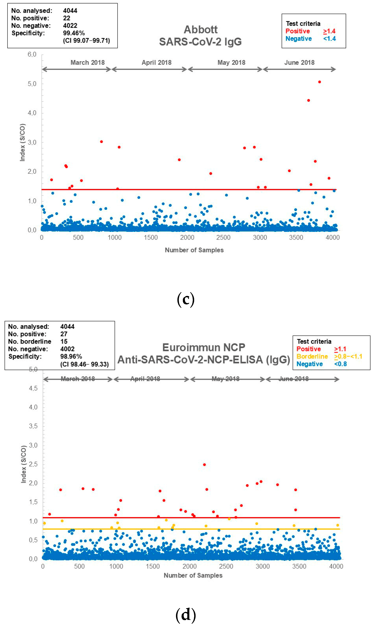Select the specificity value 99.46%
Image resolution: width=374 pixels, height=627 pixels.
pyautogui.click(x=74, y=33)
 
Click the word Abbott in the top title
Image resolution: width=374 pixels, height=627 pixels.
pyautogui.click(x=201, y=30)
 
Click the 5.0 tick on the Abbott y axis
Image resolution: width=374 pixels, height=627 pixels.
pyautogui.click(x=32, y=84)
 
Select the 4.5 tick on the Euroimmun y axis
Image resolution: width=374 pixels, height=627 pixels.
pyautogui.click(x=33, y=388)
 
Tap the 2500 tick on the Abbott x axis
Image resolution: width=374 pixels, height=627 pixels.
pyautogui.click(x=223, y=237)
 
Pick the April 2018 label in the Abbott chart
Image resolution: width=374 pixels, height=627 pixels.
pyautogui.click(x=157, y=62)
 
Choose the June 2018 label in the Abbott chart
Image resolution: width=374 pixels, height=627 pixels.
pyautogui.click(x=299, y=62)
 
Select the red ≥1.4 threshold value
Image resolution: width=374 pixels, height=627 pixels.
pyautogui.click(x=329, y=31)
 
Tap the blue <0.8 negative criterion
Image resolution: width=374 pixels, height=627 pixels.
pyautogui.click(x=340, y=364)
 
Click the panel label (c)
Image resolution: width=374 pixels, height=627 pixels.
pyautogui.click(x=186, y=299)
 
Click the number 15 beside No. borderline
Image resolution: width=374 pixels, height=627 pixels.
pyautogui.click(x=64, y=341)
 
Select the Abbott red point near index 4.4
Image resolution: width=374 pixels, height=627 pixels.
pyautogui.click(x=309, y=100)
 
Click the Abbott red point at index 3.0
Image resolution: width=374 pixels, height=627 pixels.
pyautogui.click(x=101, y=142)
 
